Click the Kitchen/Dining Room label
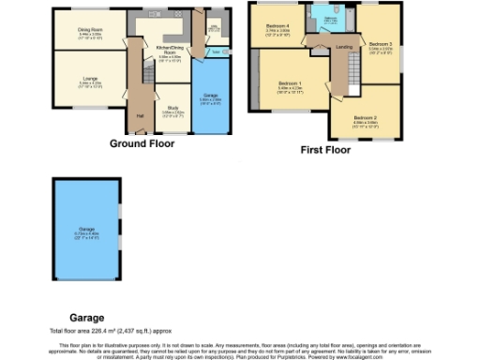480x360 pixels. (x=170, y=52)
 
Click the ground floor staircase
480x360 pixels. (x=148, y=75)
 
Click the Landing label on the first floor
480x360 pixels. (x=344, y=46)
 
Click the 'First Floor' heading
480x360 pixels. (x=324, y=149)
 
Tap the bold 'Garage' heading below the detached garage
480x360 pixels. (x=86, y=318)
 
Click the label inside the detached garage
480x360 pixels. (x=86, y=232)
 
